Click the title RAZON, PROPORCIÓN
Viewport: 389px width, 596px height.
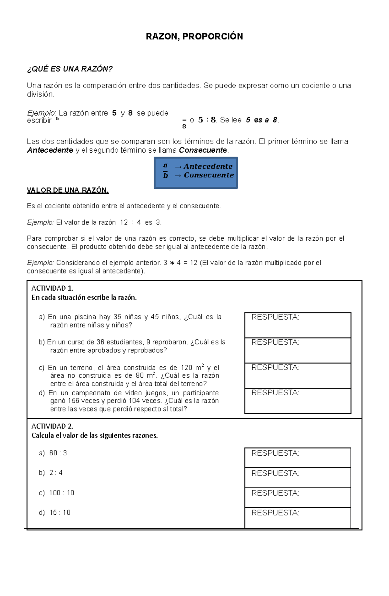194,36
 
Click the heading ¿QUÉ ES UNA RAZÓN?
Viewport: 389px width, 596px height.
70,69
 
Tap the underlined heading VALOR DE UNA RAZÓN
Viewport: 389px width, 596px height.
68,190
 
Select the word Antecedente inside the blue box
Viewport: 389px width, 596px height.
208,166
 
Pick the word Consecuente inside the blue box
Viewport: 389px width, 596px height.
208,175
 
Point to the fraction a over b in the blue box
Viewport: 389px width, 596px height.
165,171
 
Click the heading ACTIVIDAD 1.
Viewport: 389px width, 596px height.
52,288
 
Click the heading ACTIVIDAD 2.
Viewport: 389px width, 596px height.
52,426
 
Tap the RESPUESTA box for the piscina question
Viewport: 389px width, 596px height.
298,325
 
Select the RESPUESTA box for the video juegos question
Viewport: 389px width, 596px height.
298,401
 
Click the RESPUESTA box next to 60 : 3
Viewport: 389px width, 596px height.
298,458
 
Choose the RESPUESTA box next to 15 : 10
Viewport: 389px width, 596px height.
298,517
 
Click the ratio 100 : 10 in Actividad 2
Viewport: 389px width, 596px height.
62,493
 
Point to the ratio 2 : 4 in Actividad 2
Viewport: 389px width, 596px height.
56,473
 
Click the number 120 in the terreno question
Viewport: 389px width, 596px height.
186,368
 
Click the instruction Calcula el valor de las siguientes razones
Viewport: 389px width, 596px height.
95,436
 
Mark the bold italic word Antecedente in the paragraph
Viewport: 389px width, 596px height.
50,150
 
